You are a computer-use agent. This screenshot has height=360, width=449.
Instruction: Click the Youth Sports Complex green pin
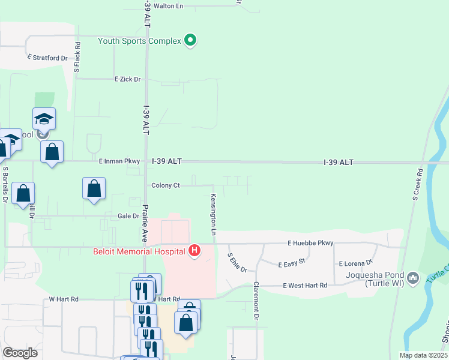[191, 41]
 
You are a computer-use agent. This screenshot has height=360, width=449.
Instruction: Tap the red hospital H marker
[194, 250]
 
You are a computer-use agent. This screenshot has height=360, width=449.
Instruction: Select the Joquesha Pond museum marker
[413, 278]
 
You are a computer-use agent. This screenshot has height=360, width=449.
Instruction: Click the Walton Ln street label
[168, 6]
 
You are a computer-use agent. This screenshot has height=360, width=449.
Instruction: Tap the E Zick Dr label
[127, 79]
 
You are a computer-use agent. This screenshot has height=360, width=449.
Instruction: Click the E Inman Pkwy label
[119, 161]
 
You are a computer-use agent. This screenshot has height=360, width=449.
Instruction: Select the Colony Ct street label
[166, 185]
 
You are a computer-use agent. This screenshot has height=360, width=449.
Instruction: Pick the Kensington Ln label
[213, 214]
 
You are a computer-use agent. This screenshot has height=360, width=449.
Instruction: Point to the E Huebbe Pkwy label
[310, 243]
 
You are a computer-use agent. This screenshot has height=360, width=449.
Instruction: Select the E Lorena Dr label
[356, 263]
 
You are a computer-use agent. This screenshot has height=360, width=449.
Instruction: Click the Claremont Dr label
[256, 300]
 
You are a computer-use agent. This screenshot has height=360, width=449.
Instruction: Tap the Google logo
[20, 353]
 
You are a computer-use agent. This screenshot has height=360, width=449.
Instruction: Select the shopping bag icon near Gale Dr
[94, 188]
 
